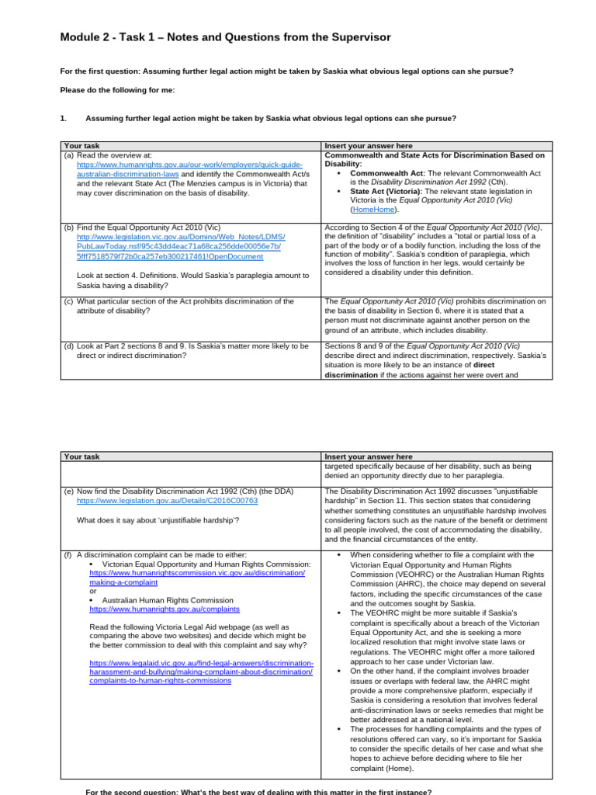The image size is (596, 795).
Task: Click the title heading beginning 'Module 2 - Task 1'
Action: point(225,37)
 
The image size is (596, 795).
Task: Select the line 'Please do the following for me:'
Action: point(117,90)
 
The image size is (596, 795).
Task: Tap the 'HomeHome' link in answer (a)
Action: point(375,210)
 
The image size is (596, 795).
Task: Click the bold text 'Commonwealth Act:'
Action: point(386,173)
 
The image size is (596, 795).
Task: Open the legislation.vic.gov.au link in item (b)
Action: point(181,245)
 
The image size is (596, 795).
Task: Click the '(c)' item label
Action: point(68,301)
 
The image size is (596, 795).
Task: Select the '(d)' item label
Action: point(68,346)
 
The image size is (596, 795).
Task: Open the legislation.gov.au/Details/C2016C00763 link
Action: point(167,501)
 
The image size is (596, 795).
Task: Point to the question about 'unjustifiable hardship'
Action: point(158,519)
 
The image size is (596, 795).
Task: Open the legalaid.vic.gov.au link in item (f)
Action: point(201,672)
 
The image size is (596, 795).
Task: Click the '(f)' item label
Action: point(68,555)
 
